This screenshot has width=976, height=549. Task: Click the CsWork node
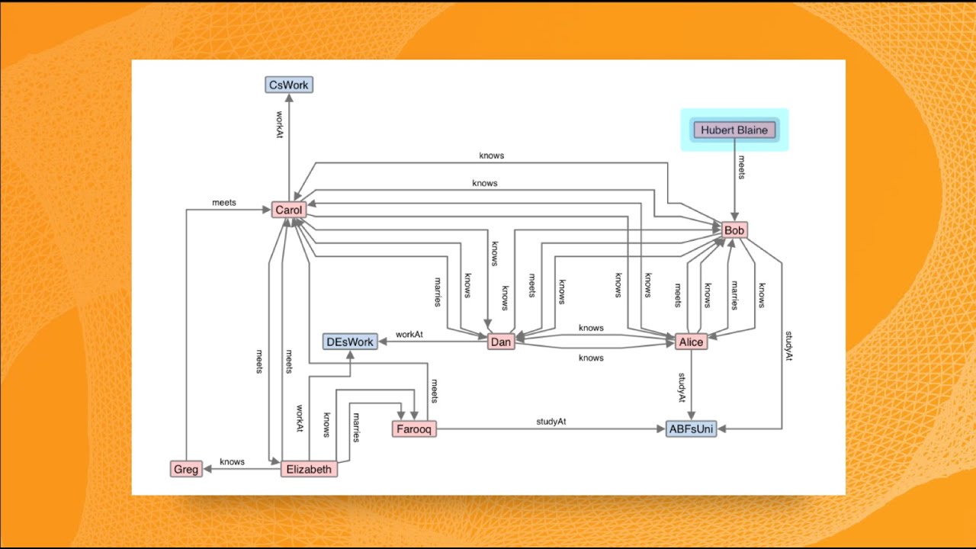click(x=289, y=85)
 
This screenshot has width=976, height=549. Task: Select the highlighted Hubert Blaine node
click(x=734, y=130)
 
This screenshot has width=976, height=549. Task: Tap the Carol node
click(x=289, y=210)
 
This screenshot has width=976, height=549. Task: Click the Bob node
click(x=734, y=230)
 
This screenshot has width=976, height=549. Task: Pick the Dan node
click(x=501, y=342)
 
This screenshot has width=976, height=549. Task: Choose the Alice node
click(x=692, y=342)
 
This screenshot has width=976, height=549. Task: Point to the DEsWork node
click(x=350, y=342)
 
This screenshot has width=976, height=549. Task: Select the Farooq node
click(x=415, y=429)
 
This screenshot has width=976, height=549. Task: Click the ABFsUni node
click(x=691, y=429)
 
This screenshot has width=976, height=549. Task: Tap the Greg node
click(x=186, y=469)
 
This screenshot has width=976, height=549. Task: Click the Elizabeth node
click(x=309, y=469)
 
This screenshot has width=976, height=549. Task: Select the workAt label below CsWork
click(x=280, y=125)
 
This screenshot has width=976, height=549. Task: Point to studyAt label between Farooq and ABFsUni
click(x=551, y=422)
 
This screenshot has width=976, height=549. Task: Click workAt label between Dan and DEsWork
click(x=409, y=335)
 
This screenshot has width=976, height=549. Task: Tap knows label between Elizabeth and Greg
click(x=232, y=461)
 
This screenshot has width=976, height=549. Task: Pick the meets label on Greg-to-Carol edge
click(x=224, y=203)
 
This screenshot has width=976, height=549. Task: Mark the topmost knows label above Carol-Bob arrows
click(x=491, y=156)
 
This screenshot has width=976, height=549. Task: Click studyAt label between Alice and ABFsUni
click(x=682, y=387)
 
